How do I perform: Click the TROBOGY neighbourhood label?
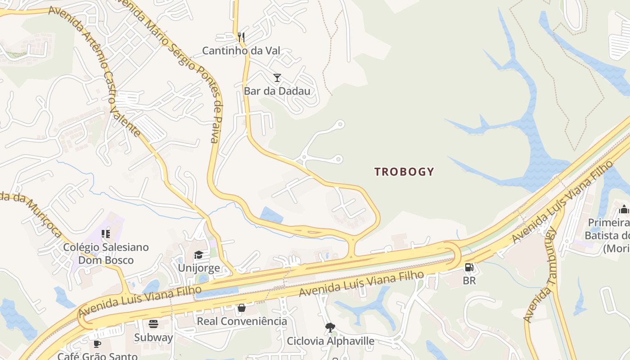[404, 171]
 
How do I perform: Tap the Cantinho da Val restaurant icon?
[241, 37]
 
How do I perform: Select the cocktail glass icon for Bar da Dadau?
[277, 78]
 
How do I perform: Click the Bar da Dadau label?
[277, 91]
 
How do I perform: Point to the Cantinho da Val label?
[241, 50]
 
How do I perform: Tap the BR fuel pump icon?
[469, 268]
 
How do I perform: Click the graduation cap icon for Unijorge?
[198, 255]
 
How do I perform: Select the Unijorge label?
[199, 268]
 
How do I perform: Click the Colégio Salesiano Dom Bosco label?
[106, 254]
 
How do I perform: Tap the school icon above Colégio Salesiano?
[106, 234]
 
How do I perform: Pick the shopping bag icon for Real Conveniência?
[242, 308]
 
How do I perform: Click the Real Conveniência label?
[242, 321]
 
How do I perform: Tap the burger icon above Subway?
[153, 324]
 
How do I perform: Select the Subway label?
[153, 337]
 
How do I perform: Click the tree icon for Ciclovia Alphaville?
[330, 328]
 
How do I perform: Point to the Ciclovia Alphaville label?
[330, 341]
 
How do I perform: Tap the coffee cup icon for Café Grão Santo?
[97, 344]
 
